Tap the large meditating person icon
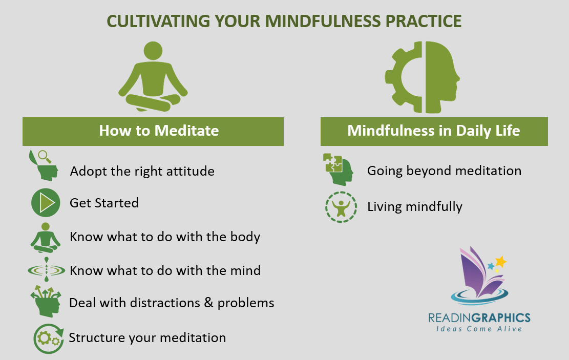(153, 77)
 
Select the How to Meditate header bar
(153, 131)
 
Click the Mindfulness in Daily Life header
(434, 131)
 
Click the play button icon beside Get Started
(46, 203)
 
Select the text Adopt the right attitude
(142, 171)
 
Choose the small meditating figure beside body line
(46, 237)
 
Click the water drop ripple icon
(46, 270)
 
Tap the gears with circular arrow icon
(48, 338)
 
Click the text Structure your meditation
(147, 338)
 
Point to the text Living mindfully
(415, 207)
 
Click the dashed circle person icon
(341, 206)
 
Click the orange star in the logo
(501, 262)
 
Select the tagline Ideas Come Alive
(479, 329)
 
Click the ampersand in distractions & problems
(208, 303)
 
